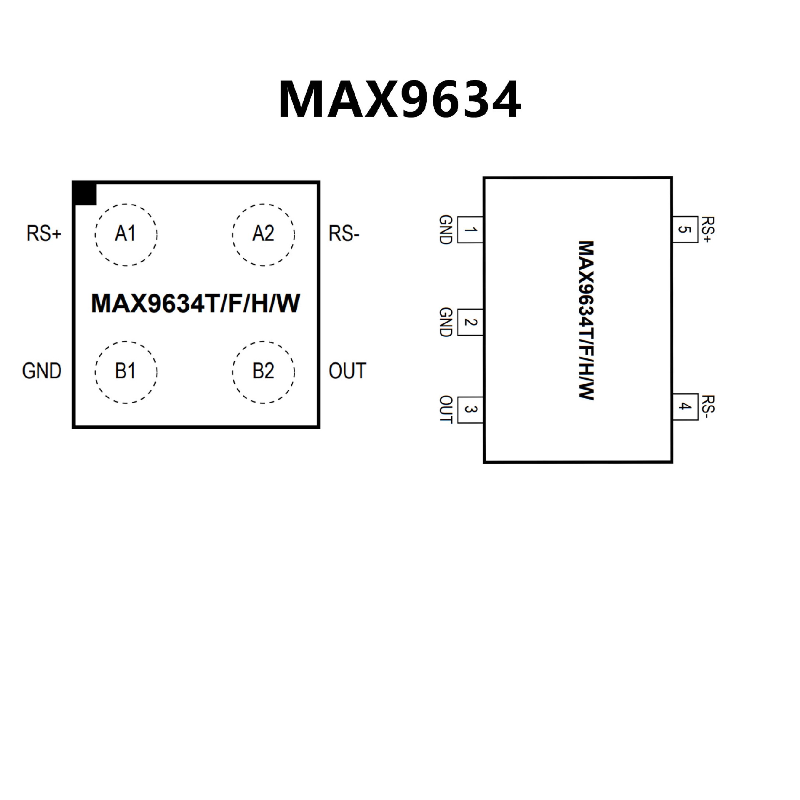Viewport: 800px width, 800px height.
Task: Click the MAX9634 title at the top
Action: point(400,100)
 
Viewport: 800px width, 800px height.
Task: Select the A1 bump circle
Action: point(126,235)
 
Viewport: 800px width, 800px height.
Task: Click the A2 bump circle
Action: point(263,235)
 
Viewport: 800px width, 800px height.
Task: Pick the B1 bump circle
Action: point(126,372)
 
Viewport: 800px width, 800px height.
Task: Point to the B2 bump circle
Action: point(263,372)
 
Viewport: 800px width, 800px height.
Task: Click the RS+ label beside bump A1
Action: point(44,233)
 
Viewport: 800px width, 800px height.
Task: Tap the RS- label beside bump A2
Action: point(344,233)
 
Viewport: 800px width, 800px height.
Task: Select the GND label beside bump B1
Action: point(42,371)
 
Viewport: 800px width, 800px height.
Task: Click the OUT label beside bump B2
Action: point(347,371)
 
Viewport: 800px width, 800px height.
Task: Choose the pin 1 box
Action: point(470,230)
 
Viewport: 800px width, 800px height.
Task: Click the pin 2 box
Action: point(470,322)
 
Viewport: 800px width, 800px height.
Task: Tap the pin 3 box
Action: point(470,410)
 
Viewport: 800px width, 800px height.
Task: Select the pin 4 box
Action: point(685,406)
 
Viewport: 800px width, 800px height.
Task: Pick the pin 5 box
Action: point(685,229)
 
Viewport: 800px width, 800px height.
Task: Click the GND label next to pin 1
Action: point(446,230)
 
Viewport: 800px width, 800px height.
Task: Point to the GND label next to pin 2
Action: point(446,322)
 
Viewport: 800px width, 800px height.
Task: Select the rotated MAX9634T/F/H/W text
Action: point(586,320)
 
